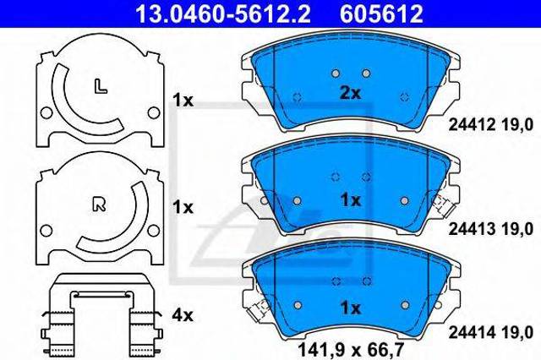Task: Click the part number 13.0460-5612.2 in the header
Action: point(223,14)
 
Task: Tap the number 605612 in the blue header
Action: point(381,14)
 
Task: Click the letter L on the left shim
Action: point(101,86)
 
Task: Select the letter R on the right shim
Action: point(100,205)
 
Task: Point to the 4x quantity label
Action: point(183,315)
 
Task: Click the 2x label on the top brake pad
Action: point(350,93)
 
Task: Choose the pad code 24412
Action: point(472,124)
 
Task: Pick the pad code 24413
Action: point(472,229)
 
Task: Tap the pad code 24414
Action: point(472,333)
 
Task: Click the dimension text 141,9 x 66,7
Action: point(351,350)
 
